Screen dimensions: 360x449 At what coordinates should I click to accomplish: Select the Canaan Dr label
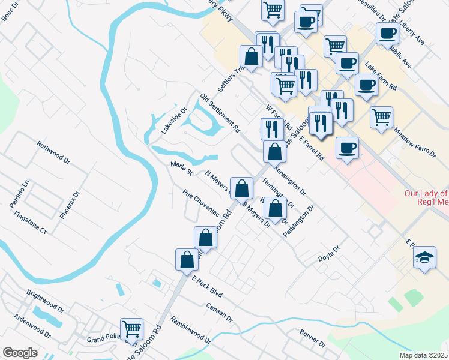220,311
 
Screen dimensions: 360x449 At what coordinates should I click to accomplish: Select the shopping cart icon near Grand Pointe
131,328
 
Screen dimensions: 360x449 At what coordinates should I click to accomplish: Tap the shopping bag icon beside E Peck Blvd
187,260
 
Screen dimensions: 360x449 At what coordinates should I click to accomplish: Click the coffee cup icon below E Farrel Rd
346,148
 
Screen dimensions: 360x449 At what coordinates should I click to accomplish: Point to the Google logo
20,352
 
